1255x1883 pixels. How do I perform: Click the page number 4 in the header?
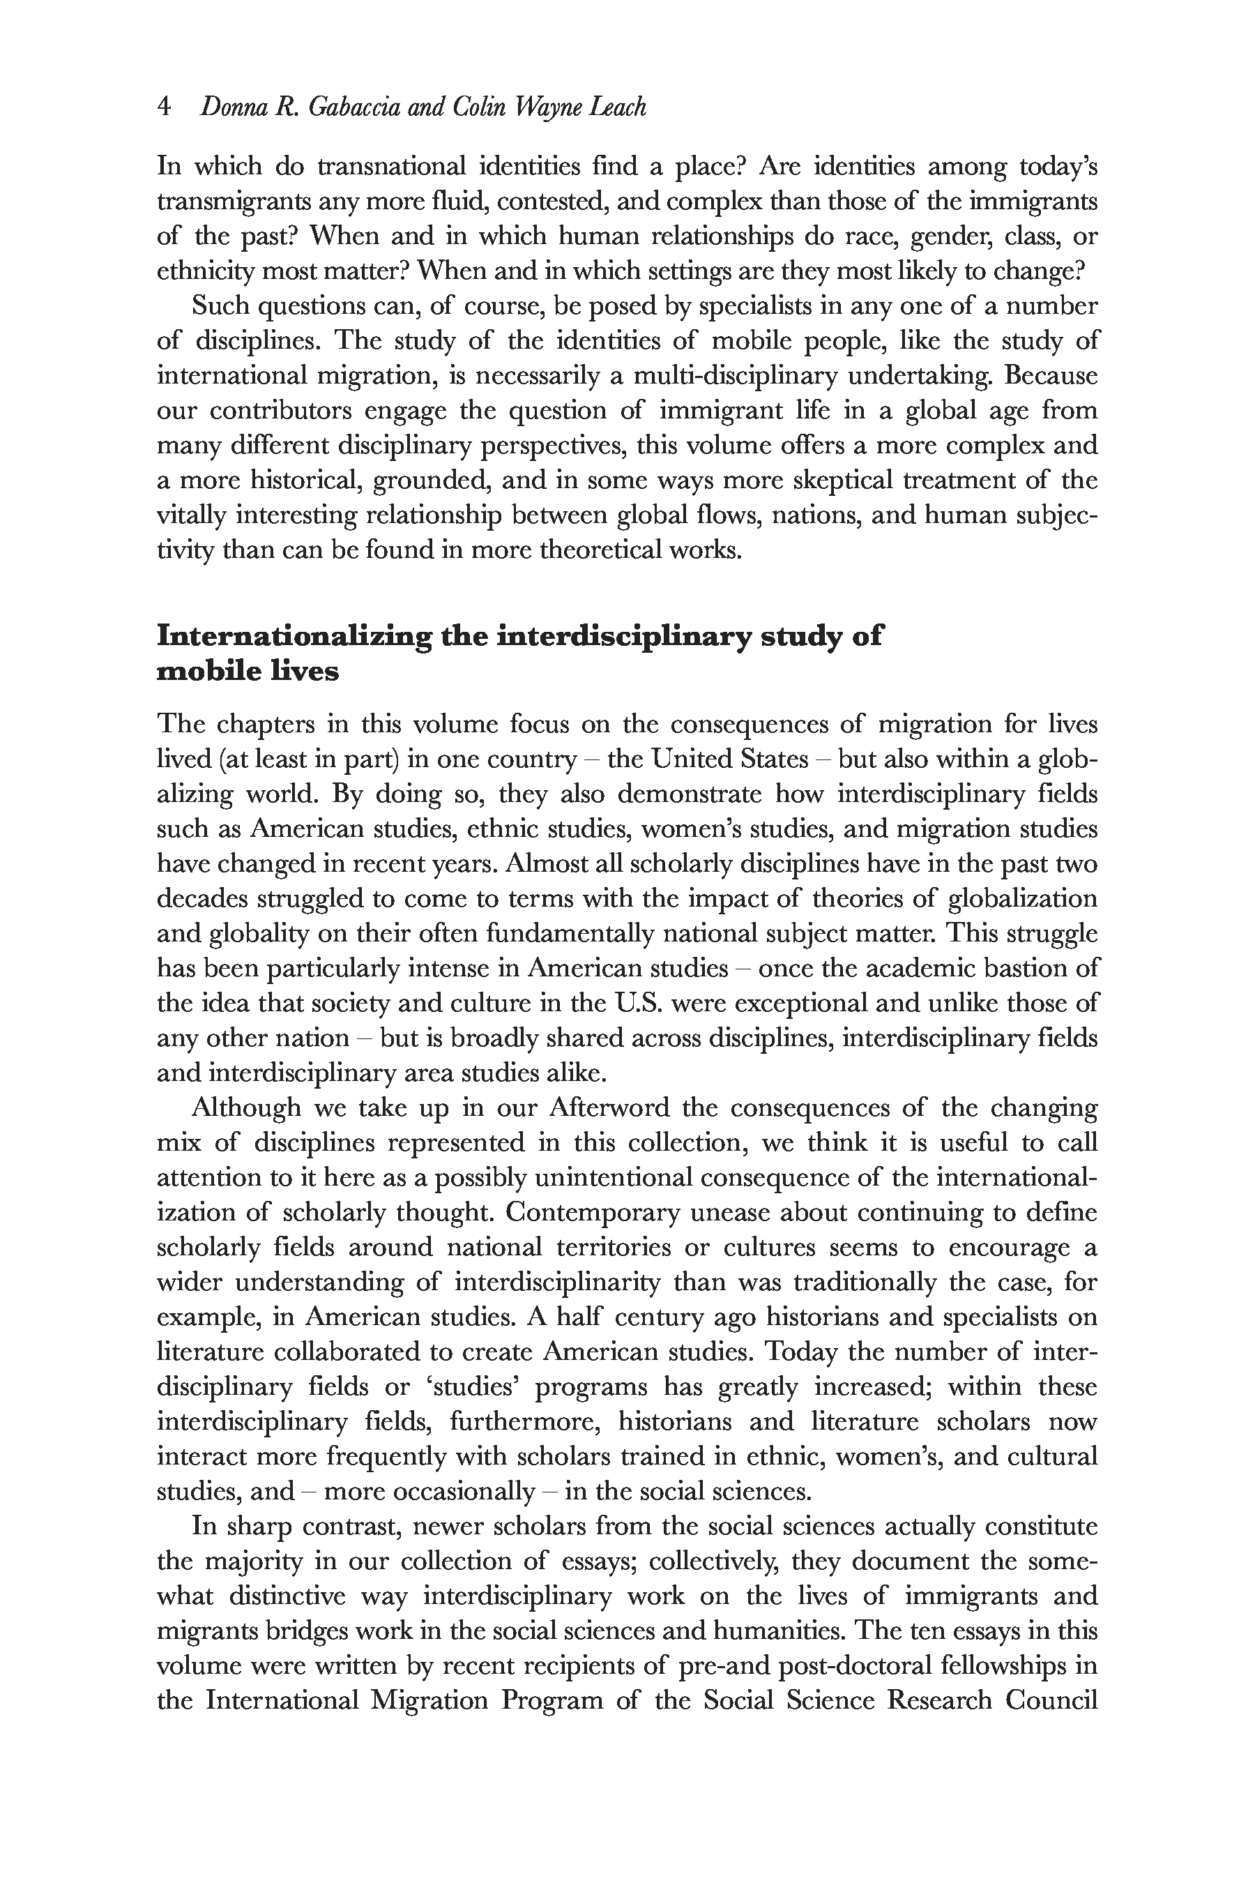point(164,107)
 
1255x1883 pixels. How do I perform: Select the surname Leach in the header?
point(617,107)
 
